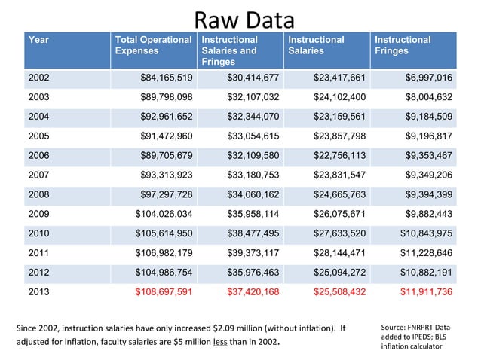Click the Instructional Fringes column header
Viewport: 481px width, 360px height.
pyautogui.click(x=403, y=45)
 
